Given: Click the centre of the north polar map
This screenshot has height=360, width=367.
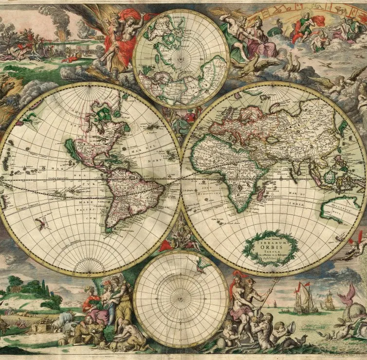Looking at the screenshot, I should (x=181, y=59).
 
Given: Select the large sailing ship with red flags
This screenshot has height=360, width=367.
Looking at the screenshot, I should (x=302, y=297).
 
